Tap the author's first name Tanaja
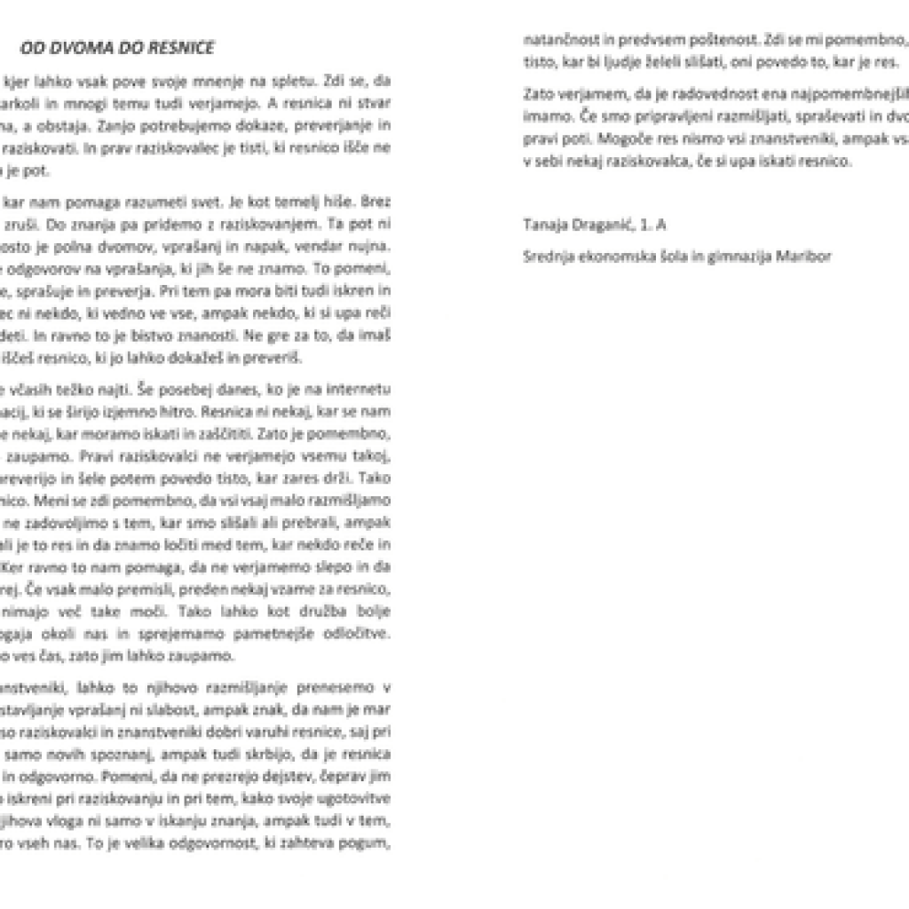click(545, 225)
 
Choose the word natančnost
click(557, 40)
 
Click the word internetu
click(361, 389)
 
